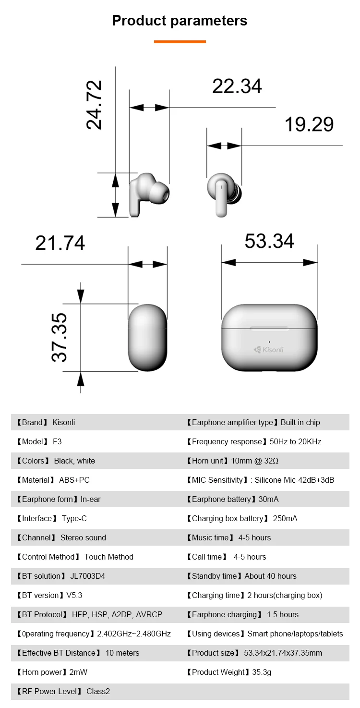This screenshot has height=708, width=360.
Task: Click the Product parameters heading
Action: point(180,21)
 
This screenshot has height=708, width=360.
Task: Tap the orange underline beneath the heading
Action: point(180,42)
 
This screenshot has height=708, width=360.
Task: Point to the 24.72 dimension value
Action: point(94,105)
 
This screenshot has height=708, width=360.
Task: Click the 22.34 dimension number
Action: point(237,86)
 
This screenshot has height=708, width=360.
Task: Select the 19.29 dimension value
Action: point(309,124)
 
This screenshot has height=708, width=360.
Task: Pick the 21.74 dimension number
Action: point(60,243)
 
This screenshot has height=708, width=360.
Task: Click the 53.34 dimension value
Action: point(269,241)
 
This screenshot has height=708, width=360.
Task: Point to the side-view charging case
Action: point(147,337)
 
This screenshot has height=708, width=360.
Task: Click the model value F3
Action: point(57,441)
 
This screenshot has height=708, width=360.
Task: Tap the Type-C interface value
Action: point(74,518)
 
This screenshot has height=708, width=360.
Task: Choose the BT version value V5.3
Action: point(74,595)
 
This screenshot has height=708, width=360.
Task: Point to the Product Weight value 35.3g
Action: point(262,672)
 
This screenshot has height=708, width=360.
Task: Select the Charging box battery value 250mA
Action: point(285,518)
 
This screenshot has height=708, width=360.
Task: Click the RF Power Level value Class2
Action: point(98,691)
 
